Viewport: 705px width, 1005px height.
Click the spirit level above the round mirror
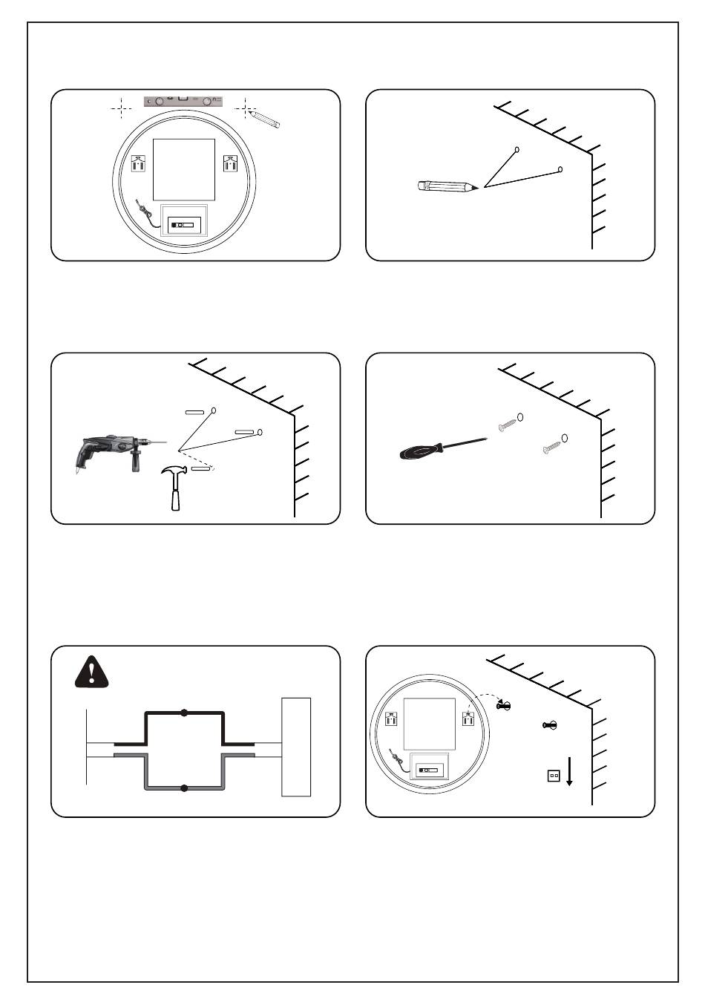coord(183,100)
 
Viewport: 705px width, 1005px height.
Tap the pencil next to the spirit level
coord(266,119)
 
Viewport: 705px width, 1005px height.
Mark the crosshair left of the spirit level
coord(121,108)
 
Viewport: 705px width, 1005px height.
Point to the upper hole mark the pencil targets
coord(517,149)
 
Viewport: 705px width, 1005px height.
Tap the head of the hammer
coord(173,473)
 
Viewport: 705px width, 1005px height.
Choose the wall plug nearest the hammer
coord(201,469)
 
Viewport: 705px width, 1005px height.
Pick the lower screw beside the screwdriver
coord(551,448)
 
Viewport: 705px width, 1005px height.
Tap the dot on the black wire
coord(184,713)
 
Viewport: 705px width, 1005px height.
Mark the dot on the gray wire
coord(184,788)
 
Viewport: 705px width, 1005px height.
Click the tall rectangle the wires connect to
coord(295,747)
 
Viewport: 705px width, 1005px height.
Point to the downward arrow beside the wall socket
coord(569,772)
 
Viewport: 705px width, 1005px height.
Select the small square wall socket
coord(553,776)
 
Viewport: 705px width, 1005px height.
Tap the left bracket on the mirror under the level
coord(138,163)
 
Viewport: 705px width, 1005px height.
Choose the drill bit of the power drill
coord(160,442)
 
